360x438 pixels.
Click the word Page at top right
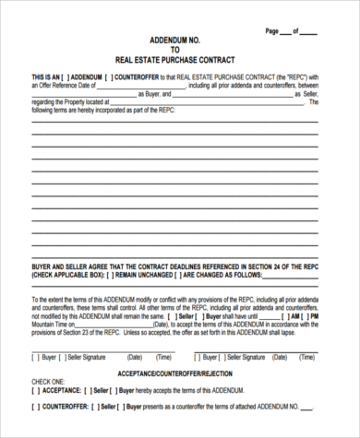271,30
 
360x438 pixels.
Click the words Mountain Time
48,323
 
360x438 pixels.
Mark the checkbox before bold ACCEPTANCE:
35,390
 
